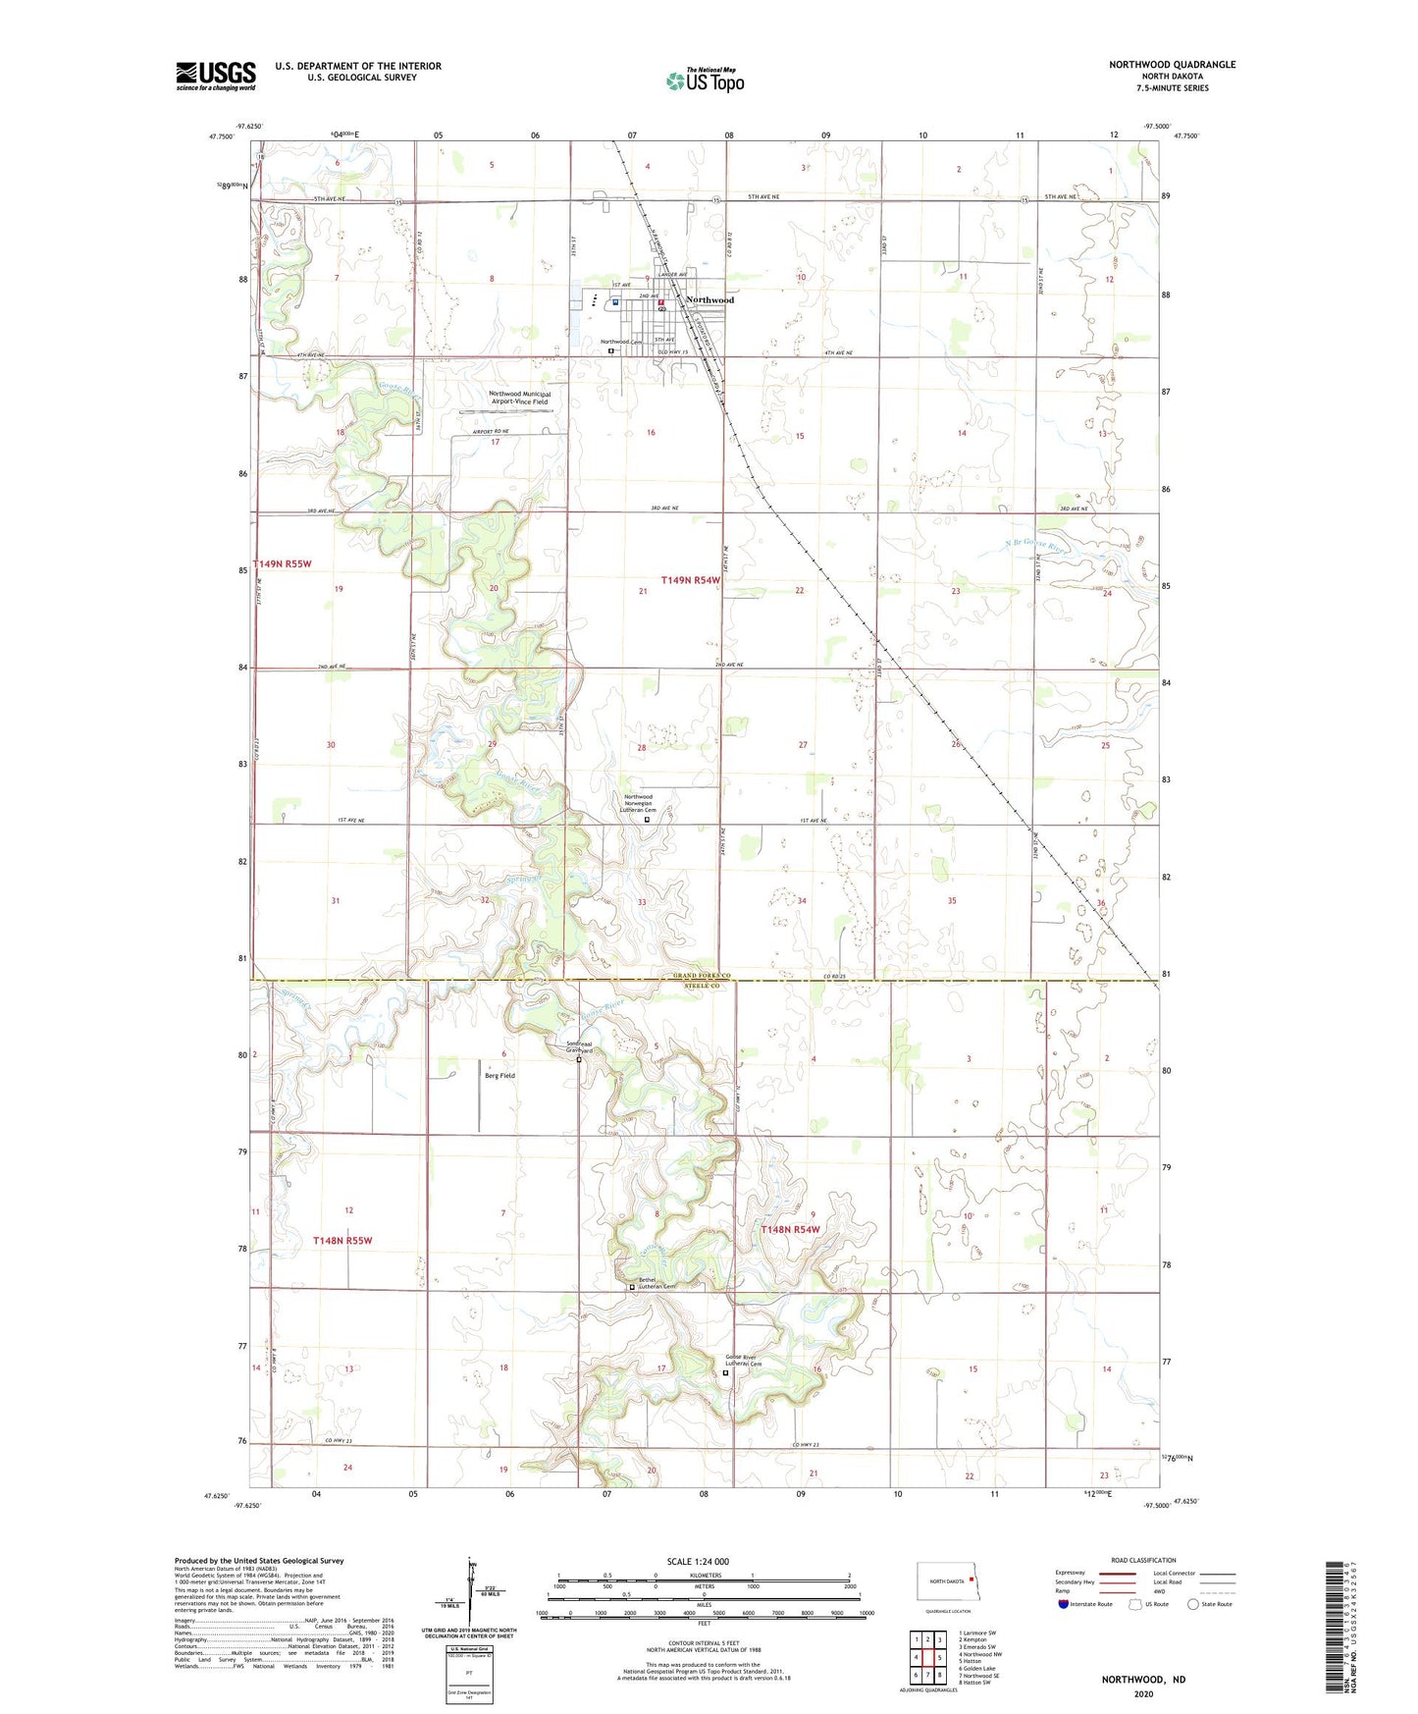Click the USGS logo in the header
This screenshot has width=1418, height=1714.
click(x=216, y=76)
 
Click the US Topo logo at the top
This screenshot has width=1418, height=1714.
click(x=705, y=80)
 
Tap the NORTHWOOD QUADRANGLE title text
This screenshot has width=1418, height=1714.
click(x=1172, y=65)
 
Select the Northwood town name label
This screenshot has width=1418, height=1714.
click(x=709, y=299)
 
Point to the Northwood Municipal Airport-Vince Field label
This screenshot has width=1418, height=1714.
click(x=519, y=398)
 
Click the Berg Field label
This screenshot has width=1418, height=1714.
click(x=499, y=1076)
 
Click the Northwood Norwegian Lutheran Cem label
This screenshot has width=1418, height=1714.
click(x=639, y=803)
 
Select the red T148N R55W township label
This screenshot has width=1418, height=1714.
click(x=342, y=1241)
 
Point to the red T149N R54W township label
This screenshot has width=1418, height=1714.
click(x=690, y=580)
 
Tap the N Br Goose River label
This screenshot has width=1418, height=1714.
click(x=1035, y=546)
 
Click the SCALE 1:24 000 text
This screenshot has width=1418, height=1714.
click(x=698, y=1561)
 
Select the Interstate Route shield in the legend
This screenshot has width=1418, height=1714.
click(x=1065, y=1604)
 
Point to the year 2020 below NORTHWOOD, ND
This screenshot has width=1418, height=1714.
click(x=1143, y=1693)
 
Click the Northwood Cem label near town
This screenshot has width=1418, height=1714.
click(x=620, y=342)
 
